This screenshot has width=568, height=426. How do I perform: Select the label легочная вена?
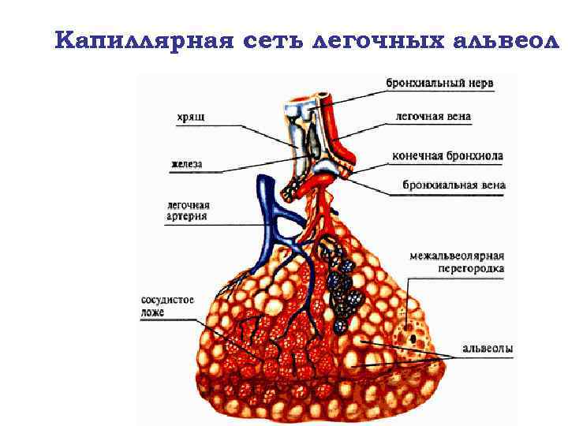point(433,117)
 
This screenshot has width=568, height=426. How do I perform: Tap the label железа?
point(186,164)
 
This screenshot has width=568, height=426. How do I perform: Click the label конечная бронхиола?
point(447,155)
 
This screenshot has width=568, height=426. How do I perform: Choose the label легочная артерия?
point(188,211)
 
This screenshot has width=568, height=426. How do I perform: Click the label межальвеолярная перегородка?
point(457,262)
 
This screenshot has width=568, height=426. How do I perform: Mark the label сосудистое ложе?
point(166,306)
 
